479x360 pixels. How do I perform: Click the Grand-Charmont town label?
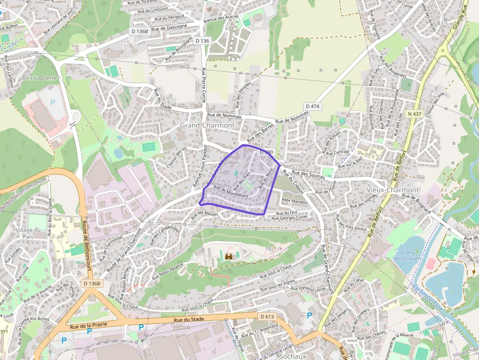tap(207, 126)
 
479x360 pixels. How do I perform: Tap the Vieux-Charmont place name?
tap(393, 190)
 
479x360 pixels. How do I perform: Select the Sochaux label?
tap(293, 356)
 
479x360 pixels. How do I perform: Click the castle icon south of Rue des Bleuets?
tap(228, 255)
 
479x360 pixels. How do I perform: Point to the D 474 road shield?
tap(312, 106)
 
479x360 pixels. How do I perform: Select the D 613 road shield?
tap(267, 317)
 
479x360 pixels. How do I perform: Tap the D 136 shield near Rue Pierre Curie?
tap(202, 41)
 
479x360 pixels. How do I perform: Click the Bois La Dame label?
tap(39, 78)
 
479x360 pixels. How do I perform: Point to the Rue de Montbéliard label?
tap(231, 193)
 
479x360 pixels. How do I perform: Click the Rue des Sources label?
tap(308, 174)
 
